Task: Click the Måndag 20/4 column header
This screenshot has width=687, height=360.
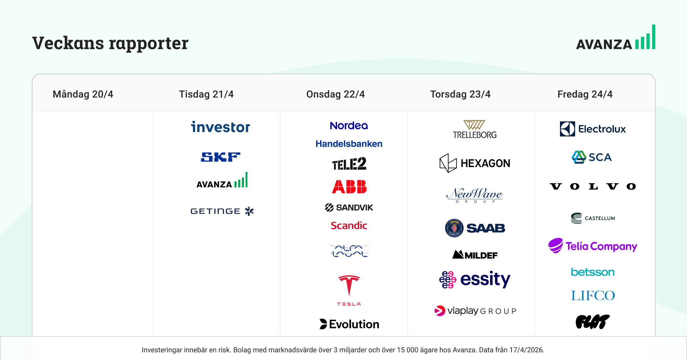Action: pyautogui.click(x=83, y=94)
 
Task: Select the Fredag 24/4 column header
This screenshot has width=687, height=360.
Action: pyautogui.click(x=585, y=94)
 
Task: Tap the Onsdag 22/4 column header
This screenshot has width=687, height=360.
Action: pyautogui.click(x=335, y=94)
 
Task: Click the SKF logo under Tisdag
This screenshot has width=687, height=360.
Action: pyautogui.click(x=221, y=157)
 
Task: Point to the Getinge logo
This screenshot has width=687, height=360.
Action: pyautogui.click(x=222, y=211)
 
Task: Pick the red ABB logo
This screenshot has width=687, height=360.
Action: pyautogui.click(x=349, y=187)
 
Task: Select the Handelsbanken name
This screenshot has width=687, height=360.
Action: pyautogui.click(x=349, y=144)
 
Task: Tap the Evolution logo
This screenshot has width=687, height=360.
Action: pyautogui.click(x=349, y=324)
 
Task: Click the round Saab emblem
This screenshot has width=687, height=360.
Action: pyautogui.click(x=454, y=228)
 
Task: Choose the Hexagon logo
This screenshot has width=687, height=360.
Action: pyautogui.click(x=475, y=163)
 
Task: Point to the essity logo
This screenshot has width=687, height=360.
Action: pyautogui.click(x=475, y=280)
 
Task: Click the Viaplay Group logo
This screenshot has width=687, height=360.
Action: pyautogui.click(x=475, y=311)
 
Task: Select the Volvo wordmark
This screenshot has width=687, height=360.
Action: pyautogui.click(x=593, y=186)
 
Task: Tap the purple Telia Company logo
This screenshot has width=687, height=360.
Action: pyautogui.click(x=593, y=246)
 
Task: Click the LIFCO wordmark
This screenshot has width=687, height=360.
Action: pyautogui.click(x=593, y=295)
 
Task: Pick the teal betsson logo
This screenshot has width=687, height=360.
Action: pyautogui.click(x=593, y=272)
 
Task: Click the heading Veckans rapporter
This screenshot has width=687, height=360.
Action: pyautogui.click(x=110, y=43)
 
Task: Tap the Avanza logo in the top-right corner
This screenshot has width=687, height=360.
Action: pyautogui.click(x=616, y=37)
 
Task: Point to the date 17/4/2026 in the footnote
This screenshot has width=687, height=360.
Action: pyautogui.click(x=526, y=350)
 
